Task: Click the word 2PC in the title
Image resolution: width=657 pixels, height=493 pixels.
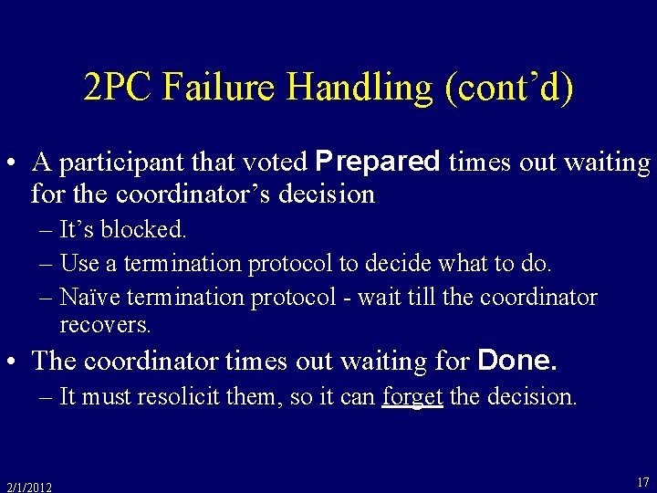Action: click(x=116, y=88)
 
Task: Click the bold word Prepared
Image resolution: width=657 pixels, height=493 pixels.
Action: click(x=377, y=162)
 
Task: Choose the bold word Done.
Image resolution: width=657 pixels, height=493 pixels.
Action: click(x=517, y=361)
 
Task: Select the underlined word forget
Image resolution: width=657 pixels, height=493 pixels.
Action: click(x=412, y=397)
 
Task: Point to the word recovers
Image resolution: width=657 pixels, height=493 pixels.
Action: click(x=105, y=324)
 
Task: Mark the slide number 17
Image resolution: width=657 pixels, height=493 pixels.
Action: click(x=642, y=481)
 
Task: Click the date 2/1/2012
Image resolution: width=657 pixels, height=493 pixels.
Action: click(x=28, y=487)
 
